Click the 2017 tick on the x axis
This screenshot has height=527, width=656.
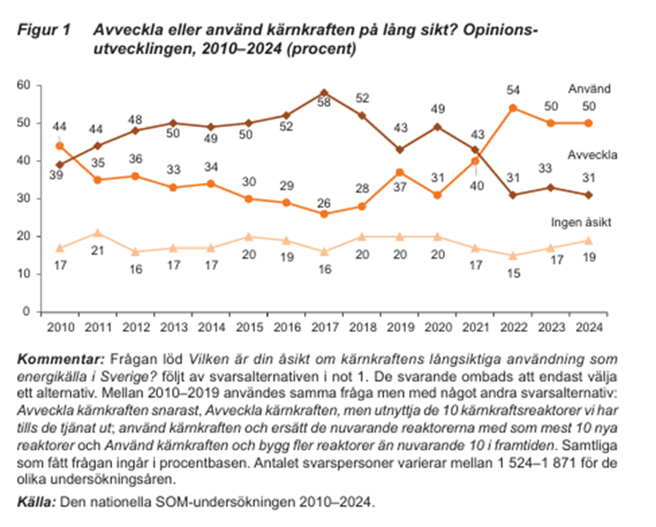324,328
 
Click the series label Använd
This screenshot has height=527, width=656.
590,89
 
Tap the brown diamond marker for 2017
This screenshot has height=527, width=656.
324,92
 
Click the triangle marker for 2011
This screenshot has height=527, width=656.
98,232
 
